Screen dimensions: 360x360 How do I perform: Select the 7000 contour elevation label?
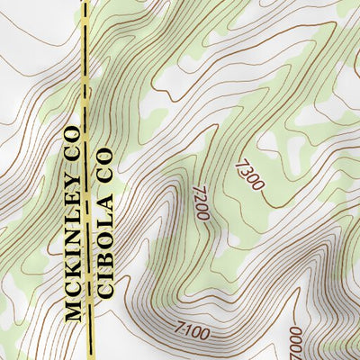(297, 344)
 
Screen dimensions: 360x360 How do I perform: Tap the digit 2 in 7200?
(200, 198)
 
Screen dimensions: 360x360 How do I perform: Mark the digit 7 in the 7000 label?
(296, 355)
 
